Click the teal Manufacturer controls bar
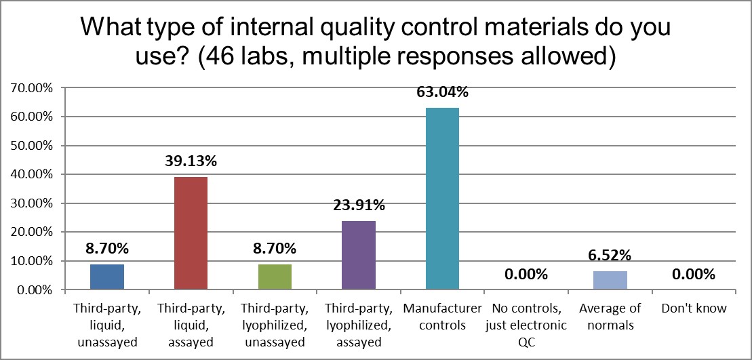[442, 199]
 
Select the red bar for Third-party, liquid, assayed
[191, 233]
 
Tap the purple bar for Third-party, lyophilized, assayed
[359, 255]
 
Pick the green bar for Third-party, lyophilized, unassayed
[275, 277]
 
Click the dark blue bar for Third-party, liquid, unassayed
[106, 277]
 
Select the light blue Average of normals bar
[610, 280]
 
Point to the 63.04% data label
[442, 92]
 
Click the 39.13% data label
[191, 161]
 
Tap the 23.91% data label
[359, 205]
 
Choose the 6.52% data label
[610, 256]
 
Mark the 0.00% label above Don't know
[694, 275]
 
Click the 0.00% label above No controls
[526, 275]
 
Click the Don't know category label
[694, 308]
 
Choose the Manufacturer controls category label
[442, 317]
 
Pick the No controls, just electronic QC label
[526, 325]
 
